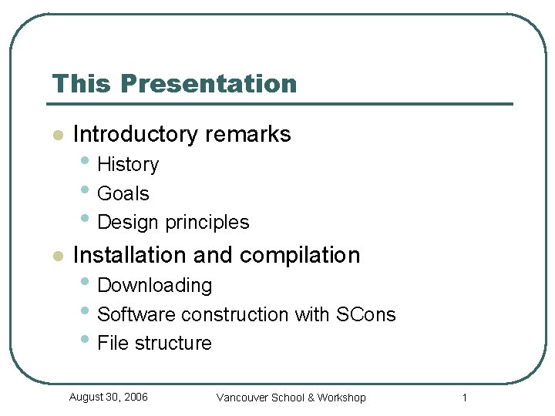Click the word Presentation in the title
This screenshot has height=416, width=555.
pyautogui.click(x=208, y=83)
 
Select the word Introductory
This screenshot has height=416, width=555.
pyautogui.click(x=136, y=134)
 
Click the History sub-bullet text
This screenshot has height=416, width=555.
pyautogui.click(x=128, y=165)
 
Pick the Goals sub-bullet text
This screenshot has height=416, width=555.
pyautogui.click(x=123, y=193)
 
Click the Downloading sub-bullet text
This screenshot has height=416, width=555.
pyautogui.click(x=155, y=286)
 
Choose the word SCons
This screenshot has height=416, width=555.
pyautogui.click(x=365, y=314)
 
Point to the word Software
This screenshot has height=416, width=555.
pyautogui.click(x=136, y=314)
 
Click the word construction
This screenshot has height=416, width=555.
pyautogui.click(x=244, y=314)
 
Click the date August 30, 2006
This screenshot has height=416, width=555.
pyautogui.click(x=108, y=397)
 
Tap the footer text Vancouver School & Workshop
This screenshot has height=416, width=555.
pyautogui.click(x=291, y=398)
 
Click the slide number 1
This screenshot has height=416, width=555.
pyautogui.click(x=465, y=398)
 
